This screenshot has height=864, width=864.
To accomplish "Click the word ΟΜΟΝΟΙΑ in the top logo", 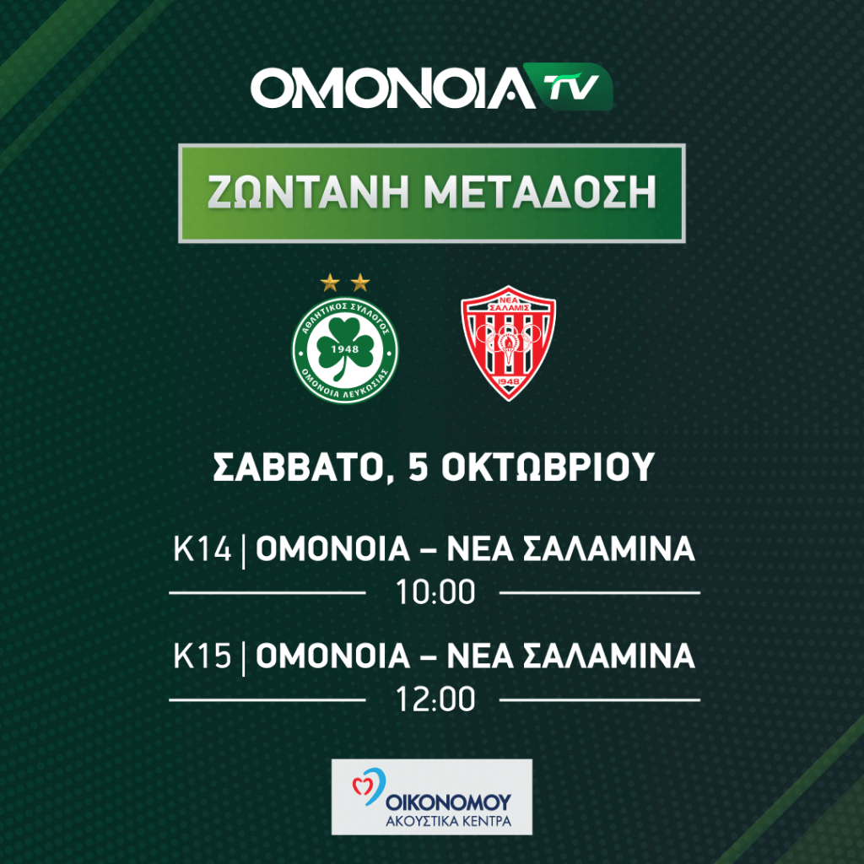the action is pos(392,88).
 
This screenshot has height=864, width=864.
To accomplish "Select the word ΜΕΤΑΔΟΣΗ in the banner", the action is pos(541,192).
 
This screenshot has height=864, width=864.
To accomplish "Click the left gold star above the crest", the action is pos(330,283).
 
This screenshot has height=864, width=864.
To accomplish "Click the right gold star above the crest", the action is pos(360,283).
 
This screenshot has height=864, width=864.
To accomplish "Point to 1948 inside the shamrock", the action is pos(345,348).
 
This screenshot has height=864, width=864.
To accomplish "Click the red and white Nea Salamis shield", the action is pos(508,343).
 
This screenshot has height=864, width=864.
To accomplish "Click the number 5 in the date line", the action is pos(418,467).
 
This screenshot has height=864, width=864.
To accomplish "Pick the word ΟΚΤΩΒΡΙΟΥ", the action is pos(548,467).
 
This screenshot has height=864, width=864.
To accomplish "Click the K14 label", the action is pos(202,548).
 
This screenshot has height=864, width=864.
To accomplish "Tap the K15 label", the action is pos(202,656).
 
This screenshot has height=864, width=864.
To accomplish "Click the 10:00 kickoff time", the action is pos(435,592).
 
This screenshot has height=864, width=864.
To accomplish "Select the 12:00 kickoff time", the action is pos(435,699).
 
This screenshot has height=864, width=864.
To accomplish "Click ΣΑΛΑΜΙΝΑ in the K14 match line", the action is pos(608,548).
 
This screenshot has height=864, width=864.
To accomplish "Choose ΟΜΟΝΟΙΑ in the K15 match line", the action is pos(332,656).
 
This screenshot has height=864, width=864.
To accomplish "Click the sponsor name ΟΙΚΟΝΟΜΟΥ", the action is pos(449,802).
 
